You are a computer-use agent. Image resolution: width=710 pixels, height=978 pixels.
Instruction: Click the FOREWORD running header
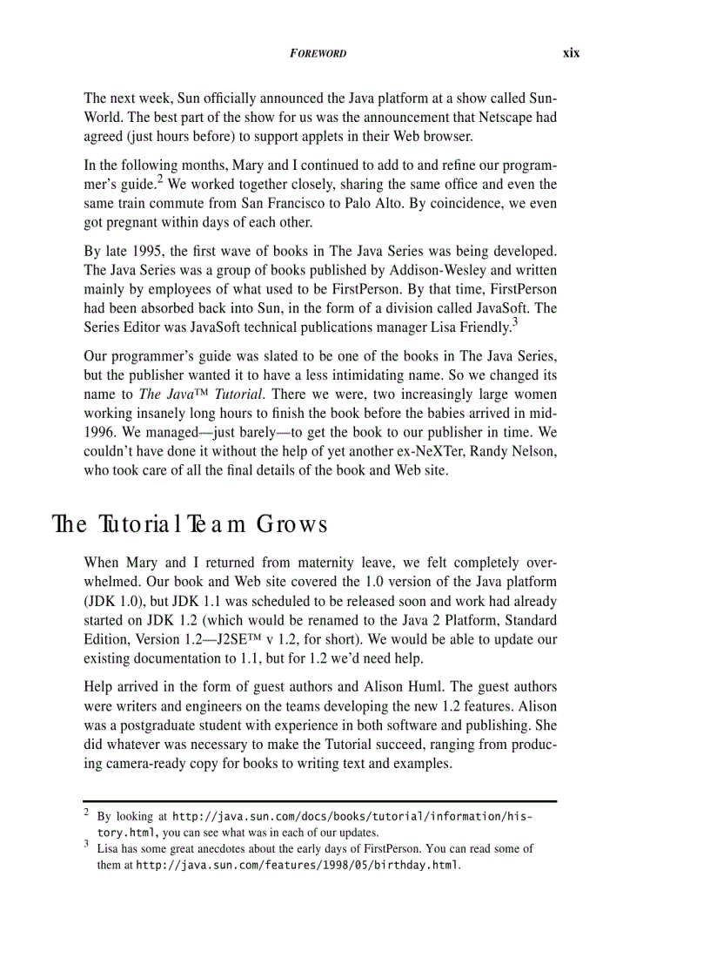click(x=318, y=53)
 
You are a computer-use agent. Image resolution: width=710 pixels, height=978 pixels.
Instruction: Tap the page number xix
click(x=571, y=52)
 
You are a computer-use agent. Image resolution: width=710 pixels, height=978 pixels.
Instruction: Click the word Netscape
click(x=503, y=116)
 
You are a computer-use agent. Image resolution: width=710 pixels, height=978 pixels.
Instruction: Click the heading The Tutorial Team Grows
click(x=190, y=525)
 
